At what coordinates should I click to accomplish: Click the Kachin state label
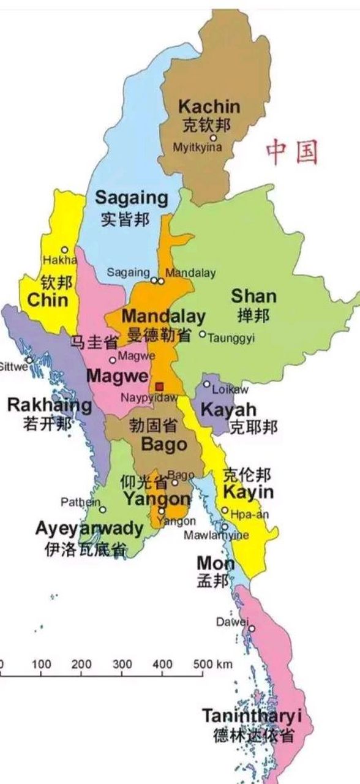[209, 107]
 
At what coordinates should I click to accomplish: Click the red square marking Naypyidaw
[159, 386]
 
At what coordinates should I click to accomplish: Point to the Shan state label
[253, 296]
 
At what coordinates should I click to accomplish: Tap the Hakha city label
[59, 260]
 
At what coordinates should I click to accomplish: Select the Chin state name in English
[48, 300]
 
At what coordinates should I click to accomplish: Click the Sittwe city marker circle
[29, 360]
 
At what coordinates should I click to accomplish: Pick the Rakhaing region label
[49, 405]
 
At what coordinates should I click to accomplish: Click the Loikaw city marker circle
[207, 384]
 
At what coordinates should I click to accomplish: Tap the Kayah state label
[228, 409]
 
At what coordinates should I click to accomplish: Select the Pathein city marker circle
[103, 509]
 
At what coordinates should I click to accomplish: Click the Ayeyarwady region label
[89, 529]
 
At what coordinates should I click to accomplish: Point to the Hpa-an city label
[249, 514]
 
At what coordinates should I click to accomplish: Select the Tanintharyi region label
[252, 715]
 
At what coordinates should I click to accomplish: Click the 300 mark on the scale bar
[122, 664]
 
